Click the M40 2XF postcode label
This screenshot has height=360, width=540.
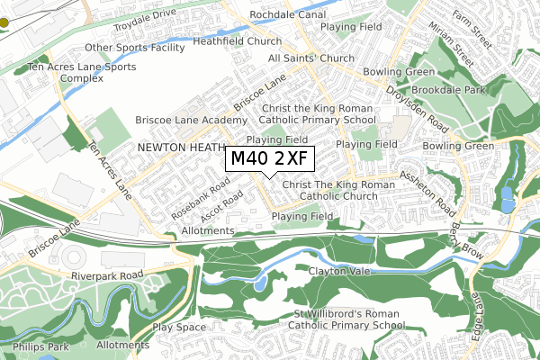point(268,160)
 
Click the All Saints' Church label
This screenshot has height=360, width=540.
point(311,58)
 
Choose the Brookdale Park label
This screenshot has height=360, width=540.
point(449,91)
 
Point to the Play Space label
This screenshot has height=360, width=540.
point(179,327)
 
